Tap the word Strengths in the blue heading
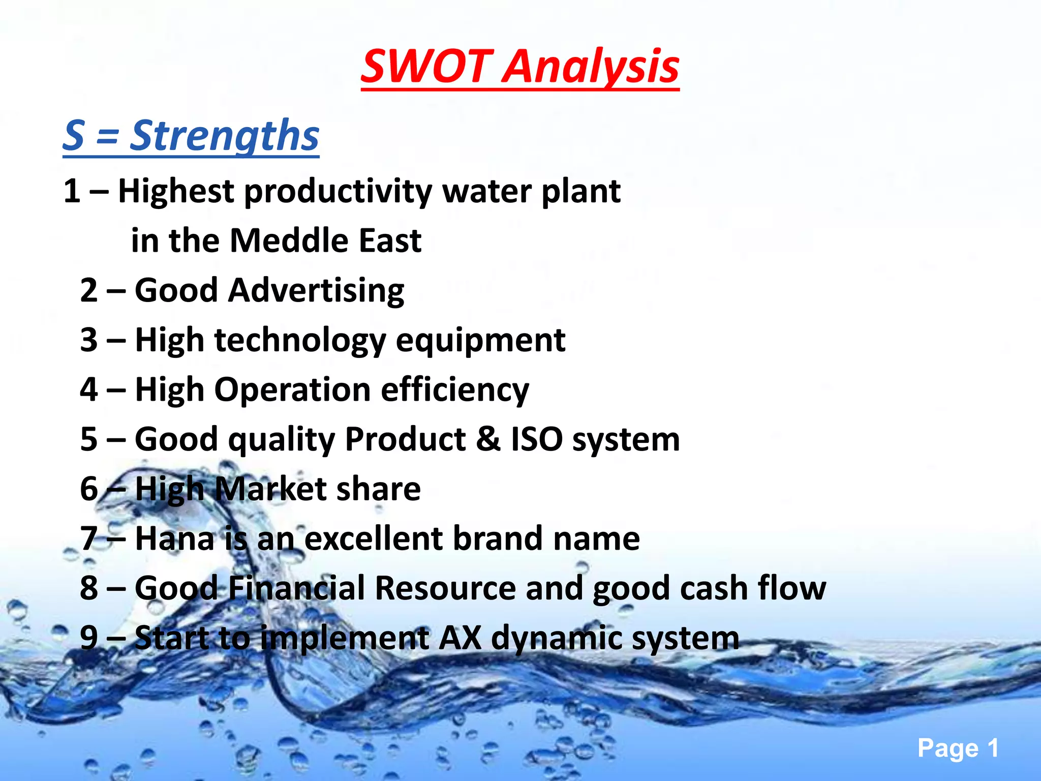tap(224, 136)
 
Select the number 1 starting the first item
tap(72, 192)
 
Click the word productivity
tap(338, 192)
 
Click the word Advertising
tap(316, 291)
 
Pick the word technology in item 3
tap(300, 340)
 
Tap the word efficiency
tap(455, 390)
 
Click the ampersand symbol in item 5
tap(488, 439)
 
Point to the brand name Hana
tap(174, 539)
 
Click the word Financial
tap(296, 588)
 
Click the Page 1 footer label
tap(958, 748)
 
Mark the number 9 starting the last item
tap(89, 638)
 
